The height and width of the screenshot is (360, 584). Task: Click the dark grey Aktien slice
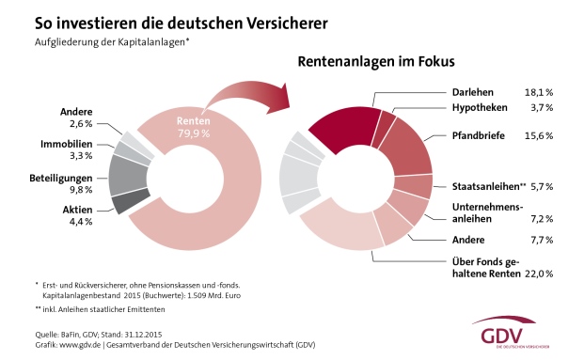coord(131,201)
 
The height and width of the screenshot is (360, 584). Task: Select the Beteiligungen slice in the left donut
coord(129,175)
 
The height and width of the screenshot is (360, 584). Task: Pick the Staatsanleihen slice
coord(414,186)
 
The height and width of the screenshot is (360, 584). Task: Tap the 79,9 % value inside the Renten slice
coord(194,133)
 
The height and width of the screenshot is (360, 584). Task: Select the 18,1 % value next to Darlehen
coord(539,92)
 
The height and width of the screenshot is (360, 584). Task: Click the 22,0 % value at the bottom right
coord(539,274)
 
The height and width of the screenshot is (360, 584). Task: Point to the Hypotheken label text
coord(480,107)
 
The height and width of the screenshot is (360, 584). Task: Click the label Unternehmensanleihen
coord(488,212)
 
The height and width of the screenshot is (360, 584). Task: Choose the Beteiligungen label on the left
coord(61,179)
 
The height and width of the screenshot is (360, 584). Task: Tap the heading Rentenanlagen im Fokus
coord(376,61)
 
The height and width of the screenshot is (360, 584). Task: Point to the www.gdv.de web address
coord(80,345)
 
